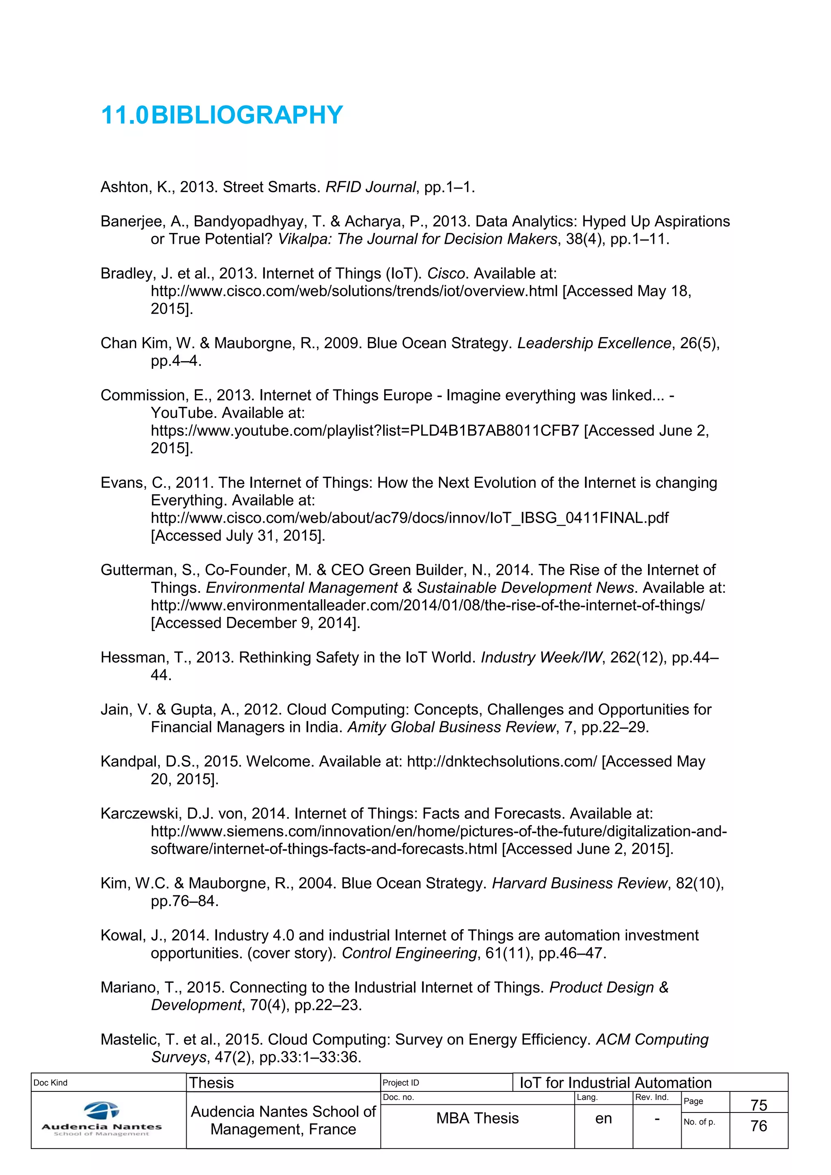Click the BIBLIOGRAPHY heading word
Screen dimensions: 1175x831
coord(247,115)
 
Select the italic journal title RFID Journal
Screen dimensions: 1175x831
coord(370,187)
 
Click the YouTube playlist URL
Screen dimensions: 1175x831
coord(364,431)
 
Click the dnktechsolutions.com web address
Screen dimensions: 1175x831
coord(502,762)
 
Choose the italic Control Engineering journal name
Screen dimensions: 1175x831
coord(409,953)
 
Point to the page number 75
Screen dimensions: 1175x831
coord(758,1105)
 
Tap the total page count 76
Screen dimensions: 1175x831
coord(758,1126)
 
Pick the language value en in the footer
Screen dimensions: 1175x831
coord(603,1119)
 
